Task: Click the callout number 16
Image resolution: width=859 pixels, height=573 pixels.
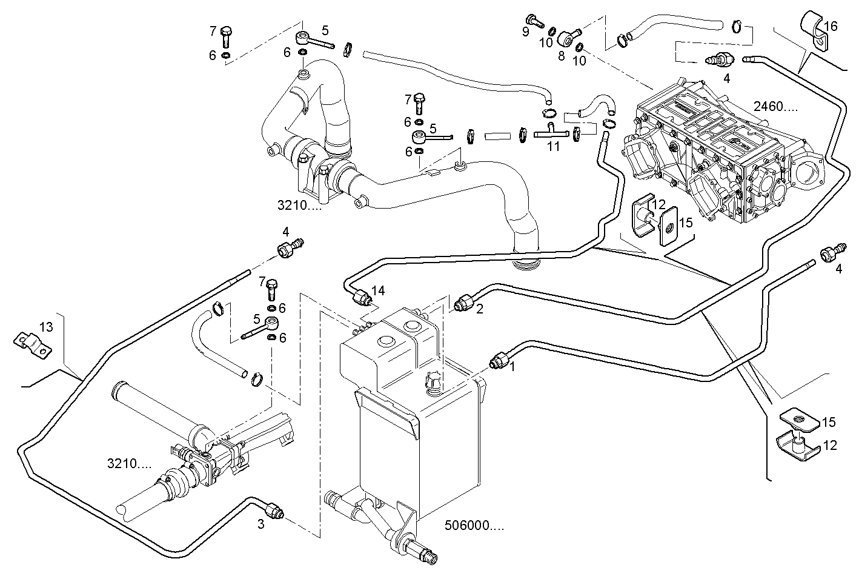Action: (x=831, y=26)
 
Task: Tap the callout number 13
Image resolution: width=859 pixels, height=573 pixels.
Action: (x=46, y=327)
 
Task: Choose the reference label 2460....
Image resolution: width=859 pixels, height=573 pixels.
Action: (x=776, y=107)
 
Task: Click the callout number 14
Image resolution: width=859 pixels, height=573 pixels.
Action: (x=378, y=290)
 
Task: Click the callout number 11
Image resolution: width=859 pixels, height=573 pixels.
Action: (x=553, y=146)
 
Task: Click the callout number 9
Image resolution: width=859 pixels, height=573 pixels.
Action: (x=526, y=32)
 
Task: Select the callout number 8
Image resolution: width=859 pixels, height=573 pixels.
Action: (x=561, y=56)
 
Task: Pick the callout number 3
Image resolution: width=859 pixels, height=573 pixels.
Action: (x=260, y=525)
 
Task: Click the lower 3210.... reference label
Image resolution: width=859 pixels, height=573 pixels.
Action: (x=129, y=464)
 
